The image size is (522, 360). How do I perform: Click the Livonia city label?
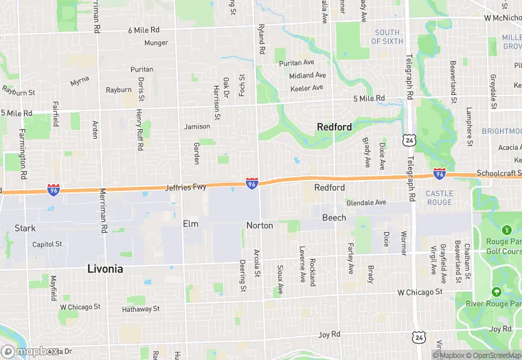105,269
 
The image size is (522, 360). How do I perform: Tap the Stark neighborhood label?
25,228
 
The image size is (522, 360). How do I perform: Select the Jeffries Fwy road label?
185,187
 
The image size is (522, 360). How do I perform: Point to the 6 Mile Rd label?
144,30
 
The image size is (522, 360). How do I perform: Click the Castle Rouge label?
439,198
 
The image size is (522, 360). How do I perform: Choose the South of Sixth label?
387,37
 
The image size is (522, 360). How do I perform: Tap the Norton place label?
260,225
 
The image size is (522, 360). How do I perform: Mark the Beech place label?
334,218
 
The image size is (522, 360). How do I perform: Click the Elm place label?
190,224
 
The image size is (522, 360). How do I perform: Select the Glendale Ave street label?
366,203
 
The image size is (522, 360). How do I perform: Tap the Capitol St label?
47,244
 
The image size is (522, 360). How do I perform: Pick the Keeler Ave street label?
307,88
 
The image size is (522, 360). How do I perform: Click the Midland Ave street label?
307,76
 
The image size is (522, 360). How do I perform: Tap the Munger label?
156,43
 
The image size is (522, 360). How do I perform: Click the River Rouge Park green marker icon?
496,292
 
